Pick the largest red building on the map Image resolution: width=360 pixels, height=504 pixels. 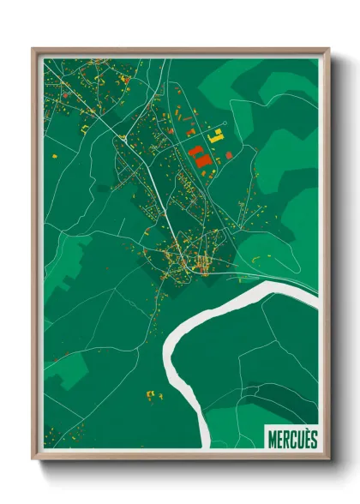200,159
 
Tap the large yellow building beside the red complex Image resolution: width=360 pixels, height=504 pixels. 218,135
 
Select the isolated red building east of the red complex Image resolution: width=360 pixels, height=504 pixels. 230,154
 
